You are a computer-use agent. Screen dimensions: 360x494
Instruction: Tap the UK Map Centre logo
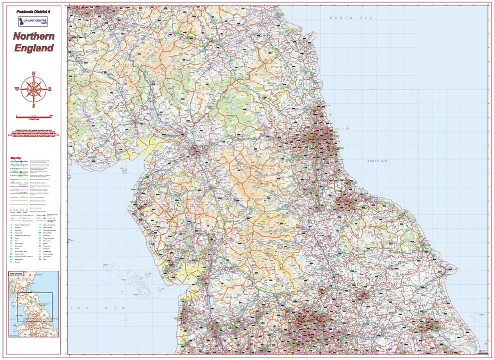[33, 21]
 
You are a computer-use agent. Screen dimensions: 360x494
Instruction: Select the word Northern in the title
[33, 36]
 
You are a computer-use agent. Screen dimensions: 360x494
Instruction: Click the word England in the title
[33, 48]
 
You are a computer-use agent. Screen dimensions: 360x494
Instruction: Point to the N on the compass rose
[34, 74]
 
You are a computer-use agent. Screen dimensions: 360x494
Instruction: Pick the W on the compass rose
[16, 90]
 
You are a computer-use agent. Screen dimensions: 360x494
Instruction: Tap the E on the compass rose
[50, 89]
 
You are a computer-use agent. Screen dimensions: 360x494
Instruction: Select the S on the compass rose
[34, 106]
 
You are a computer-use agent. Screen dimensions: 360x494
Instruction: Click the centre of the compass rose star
[34, 90]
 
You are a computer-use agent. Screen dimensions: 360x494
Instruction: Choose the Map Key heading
[16, 159]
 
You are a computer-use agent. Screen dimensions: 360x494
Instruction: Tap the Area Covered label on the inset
[16, 274]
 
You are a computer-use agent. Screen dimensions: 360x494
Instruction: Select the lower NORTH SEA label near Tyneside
[380, 161]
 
